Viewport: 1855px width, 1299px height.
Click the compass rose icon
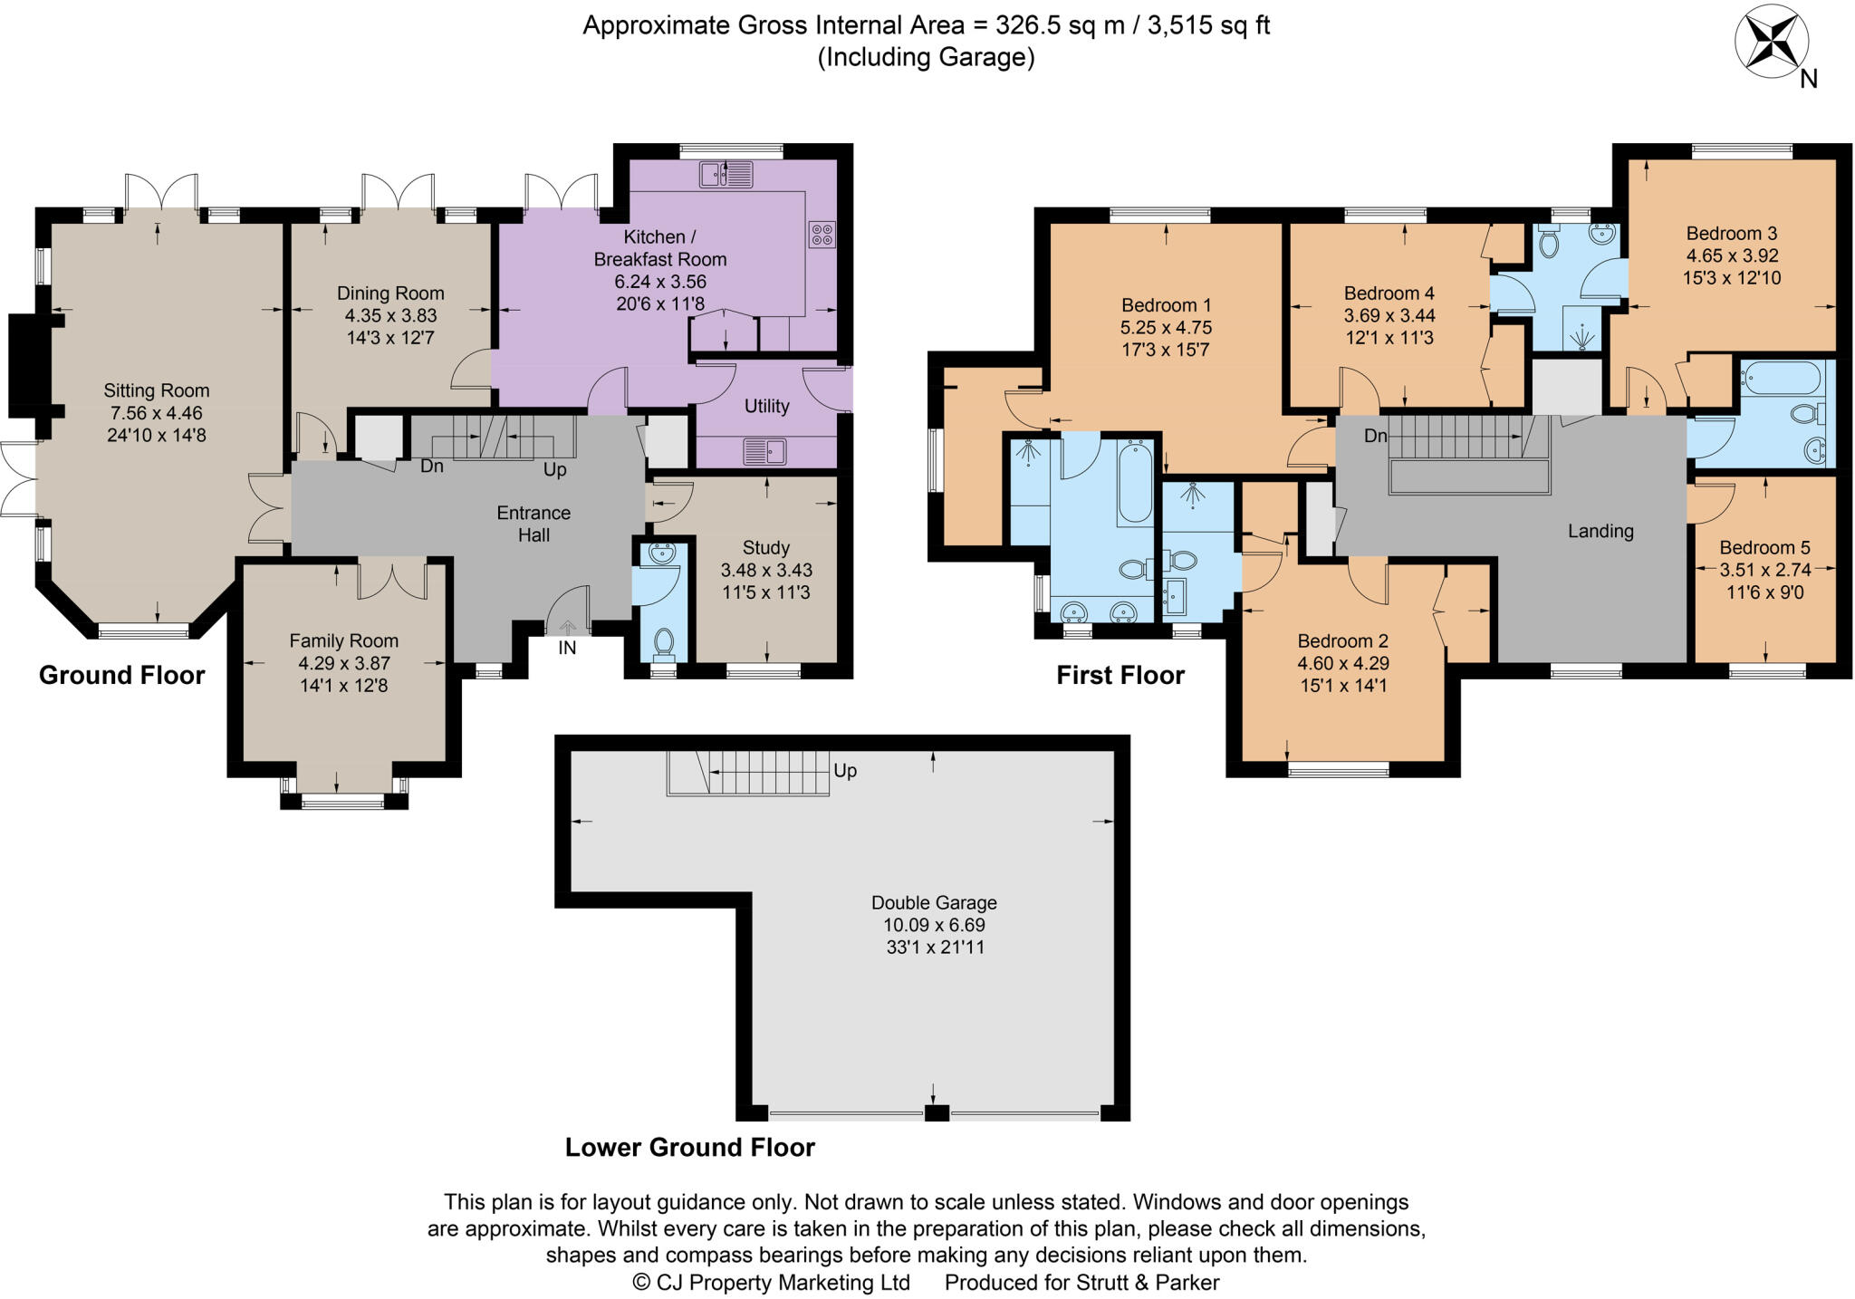pos(1772,42)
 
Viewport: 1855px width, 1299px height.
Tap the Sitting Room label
pos(157,390)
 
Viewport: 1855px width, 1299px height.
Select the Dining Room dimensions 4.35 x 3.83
pos(390,316)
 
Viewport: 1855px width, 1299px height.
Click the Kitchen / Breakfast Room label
pos(660,248)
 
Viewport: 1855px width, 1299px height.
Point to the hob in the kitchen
pos(822,235)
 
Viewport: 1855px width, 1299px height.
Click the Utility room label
pos(767,406)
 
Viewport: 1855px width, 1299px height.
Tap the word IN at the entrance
pos(567,648)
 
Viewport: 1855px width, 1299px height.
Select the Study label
pos(766,548)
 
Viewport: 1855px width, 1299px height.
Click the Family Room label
pos(344,640)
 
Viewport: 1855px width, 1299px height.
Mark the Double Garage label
pos(934,902)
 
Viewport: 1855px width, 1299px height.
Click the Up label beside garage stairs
pos(845,771)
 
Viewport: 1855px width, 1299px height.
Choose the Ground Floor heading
pos(122,675)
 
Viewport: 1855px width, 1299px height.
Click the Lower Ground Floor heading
pos(690,1148)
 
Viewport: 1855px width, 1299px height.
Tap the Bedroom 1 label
pos(1167,305)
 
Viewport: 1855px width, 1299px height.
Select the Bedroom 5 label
pos(1765,547)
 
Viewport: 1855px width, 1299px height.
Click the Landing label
pos(1601,532)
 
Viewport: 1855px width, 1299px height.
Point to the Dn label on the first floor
pos(1376,437)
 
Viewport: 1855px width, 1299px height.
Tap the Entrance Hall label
pos(534,524)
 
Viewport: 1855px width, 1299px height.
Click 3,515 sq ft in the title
pos(1208,25)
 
